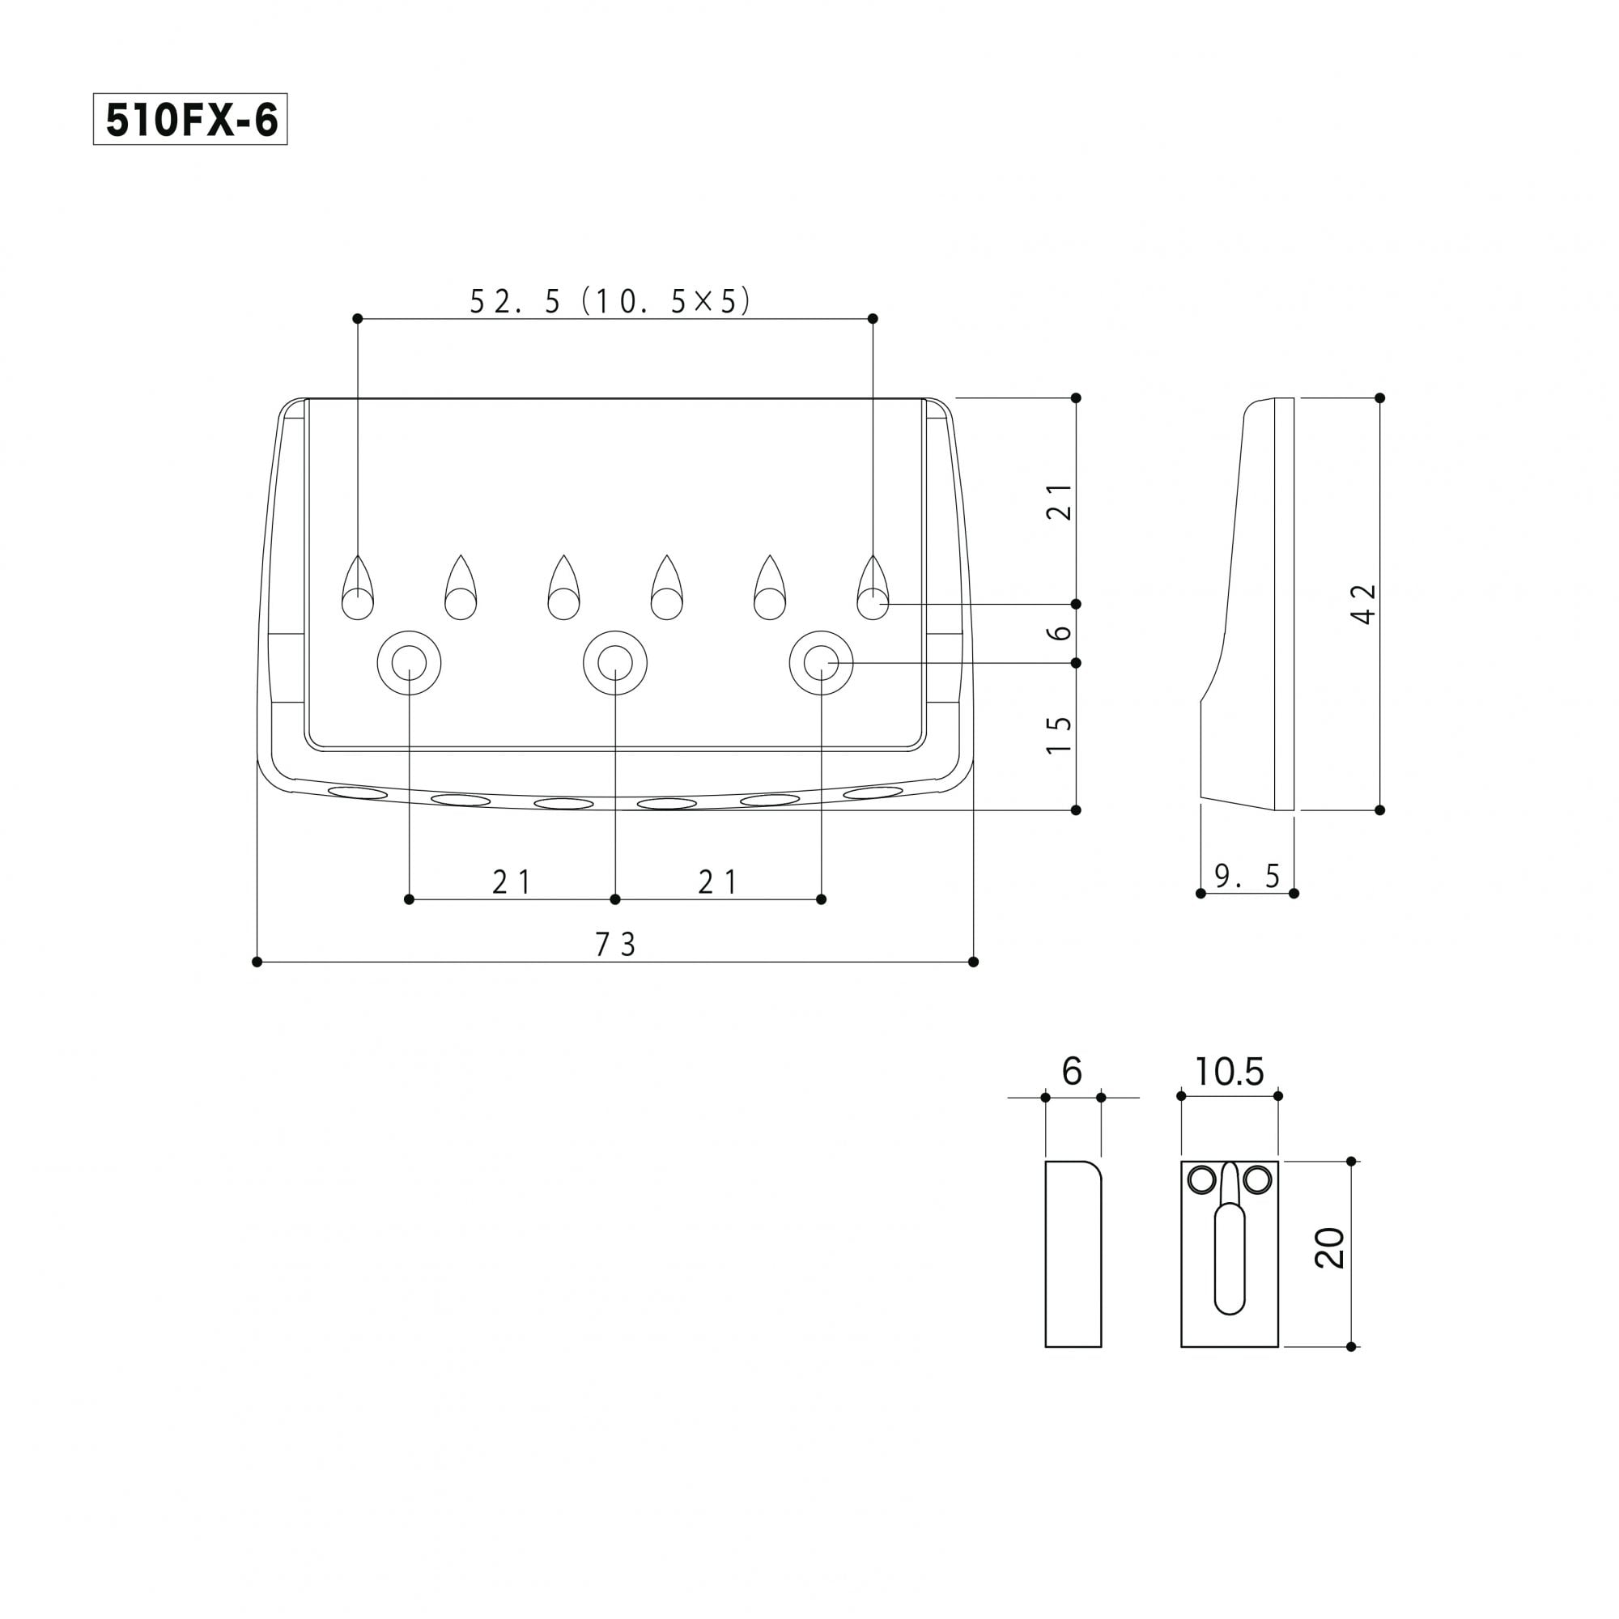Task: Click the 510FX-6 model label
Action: click(x=190, y=120)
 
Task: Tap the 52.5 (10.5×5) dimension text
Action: click(x=610, y=301)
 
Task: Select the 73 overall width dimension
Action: click(x=616, y=945)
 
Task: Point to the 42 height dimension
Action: click(x=1364, y=603)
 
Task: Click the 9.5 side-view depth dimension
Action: click(x=1247, y=876)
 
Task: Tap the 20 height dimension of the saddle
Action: click(x=1330, y=1247)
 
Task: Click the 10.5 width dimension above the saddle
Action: click(x=1230, y=1072)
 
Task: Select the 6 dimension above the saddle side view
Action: click(x=1072, y=1072)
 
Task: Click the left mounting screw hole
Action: click(x=409, y=663)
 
